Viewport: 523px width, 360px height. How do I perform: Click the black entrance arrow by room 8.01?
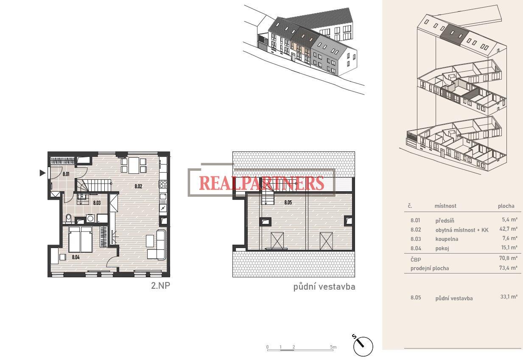[42, 173]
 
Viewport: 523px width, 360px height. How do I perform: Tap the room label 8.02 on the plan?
[138, 186]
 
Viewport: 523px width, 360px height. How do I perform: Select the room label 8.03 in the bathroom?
[97, 203]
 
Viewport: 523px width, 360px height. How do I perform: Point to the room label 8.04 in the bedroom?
[76, 257]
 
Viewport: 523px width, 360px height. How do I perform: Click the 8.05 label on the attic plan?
[288, 202]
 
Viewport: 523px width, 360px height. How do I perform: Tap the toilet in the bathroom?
[69, 218]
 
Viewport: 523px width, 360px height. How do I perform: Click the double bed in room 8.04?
[80, 239]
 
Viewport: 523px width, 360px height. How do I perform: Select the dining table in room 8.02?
[134, 165]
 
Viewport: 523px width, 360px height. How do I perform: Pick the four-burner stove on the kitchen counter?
[163, 184]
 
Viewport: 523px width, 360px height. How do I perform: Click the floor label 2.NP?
[160, 285]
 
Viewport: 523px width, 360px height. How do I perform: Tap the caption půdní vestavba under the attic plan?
[324, 287]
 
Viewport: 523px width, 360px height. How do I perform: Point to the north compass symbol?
[363, 345]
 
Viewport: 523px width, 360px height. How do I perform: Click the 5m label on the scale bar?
[333, 347]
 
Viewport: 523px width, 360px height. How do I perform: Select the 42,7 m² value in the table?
[508, 229]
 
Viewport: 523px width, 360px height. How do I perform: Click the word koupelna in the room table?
[447, 239]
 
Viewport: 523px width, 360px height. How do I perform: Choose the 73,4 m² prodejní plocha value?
[508, 268]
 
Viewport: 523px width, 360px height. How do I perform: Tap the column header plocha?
[506, 206]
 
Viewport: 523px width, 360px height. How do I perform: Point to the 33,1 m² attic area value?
[509, 297]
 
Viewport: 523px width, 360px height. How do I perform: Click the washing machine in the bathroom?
[90, 218]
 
